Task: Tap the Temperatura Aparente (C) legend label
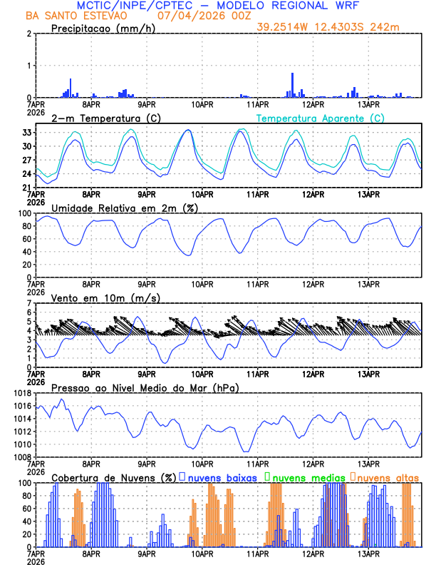click(321, 118)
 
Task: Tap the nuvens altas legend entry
click(388, 477)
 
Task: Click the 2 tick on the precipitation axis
click(29, 34)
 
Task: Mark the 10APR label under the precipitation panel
click(203, 104)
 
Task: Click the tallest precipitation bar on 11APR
click(292, 85)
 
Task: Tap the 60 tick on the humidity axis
click(26, 239)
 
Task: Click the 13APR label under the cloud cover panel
click(369, 554)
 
